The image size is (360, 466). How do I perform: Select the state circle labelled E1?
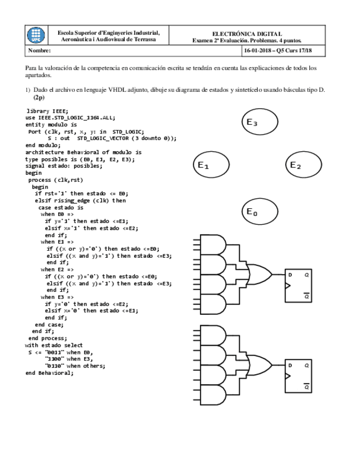click(211, 165)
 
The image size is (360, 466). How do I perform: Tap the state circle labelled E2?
click(303, 165)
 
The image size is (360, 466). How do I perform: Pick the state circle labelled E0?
click(259, 212)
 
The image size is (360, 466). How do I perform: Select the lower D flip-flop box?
click(298, 376)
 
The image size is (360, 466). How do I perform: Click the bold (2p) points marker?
click(38, 97)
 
